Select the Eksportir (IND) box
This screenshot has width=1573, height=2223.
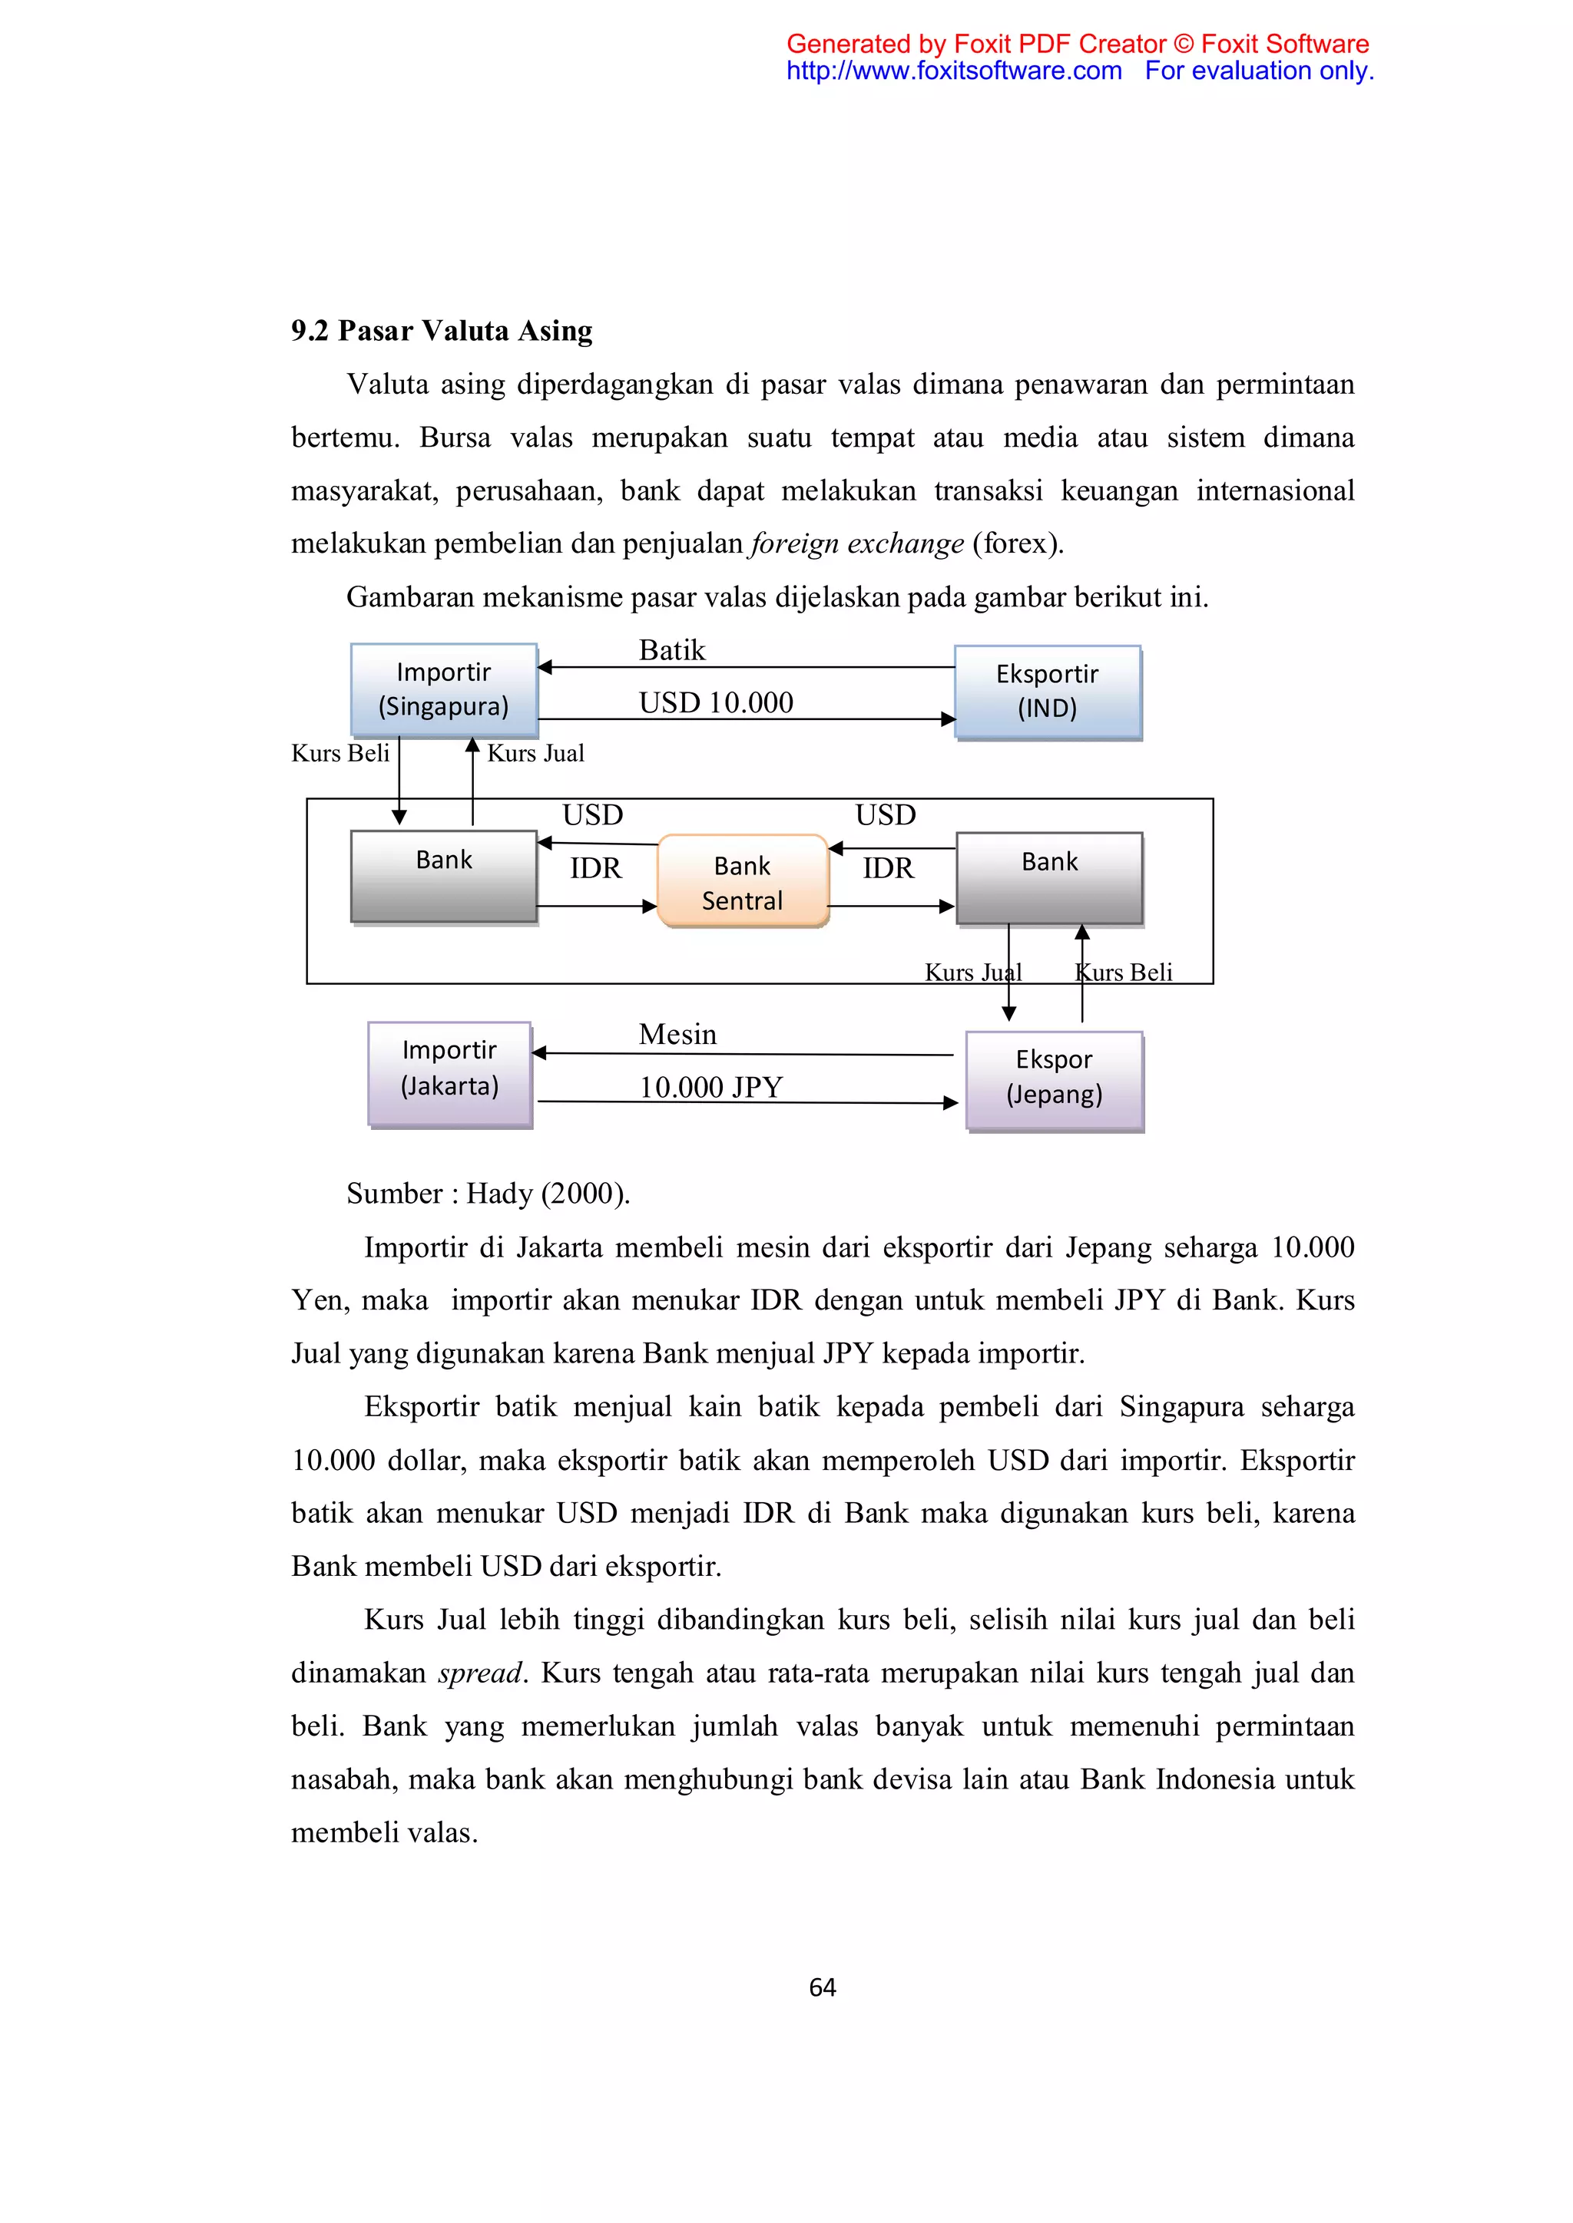(1047, 692)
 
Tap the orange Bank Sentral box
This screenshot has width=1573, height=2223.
(742, 882)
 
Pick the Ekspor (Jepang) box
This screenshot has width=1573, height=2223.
(1054, 1079)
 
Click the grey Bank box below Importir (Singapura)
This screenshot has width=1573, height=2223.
(444, 875)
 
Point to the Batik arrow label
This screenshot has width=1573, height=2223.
(672, 651)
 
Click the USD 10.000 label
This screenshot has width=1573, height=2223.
(716, 703)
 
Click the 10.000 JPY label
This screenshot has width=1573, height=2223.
(710, 1087)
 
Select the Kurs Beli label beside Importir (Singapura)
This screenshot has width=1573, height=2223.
(340, 753)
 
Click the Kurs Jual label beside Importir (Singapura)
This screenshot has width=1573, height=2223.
(535, 753)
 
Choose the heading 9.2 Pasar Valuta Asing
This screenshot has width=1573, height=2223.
(442, 331)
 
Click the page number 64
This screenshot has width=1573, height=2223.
(823, 1987)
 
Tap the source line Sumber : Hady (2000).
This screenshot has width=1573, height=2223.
(488, 1194)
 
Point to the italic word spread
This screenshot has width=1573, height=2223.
(479, 1673)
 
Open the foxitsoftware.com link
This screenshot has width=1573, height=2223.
(953, 71)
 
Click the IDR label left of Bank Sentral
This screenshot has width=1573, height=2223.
(594, 868)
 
